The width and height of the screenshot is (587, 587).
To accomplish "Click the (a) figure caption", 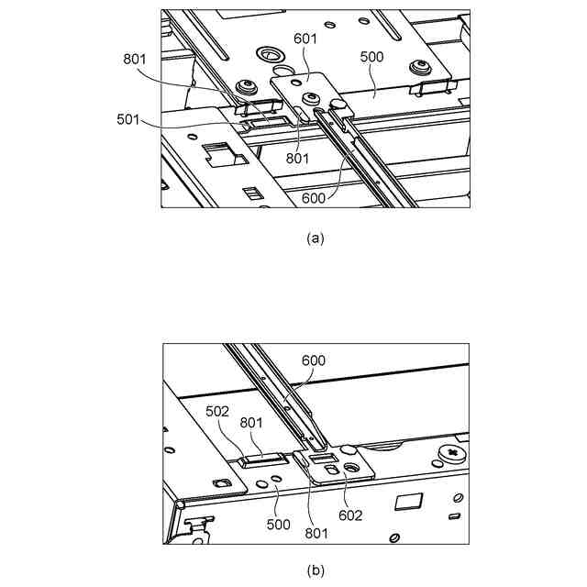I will [315, 238].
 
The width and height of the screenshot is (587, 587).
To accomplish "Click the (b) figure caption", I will [315, 570].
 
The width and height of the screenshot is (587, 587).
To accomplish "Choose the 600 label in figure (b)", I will [313, 361].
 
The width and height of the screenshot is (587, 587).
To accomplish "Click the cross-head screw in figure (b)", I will [450, 453].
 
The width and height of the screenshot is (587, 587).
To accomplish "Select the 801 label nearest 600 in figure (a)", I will [295, 157].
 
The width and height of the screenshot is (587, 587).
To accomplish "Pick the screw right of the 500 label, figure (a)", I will [422, 66].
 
